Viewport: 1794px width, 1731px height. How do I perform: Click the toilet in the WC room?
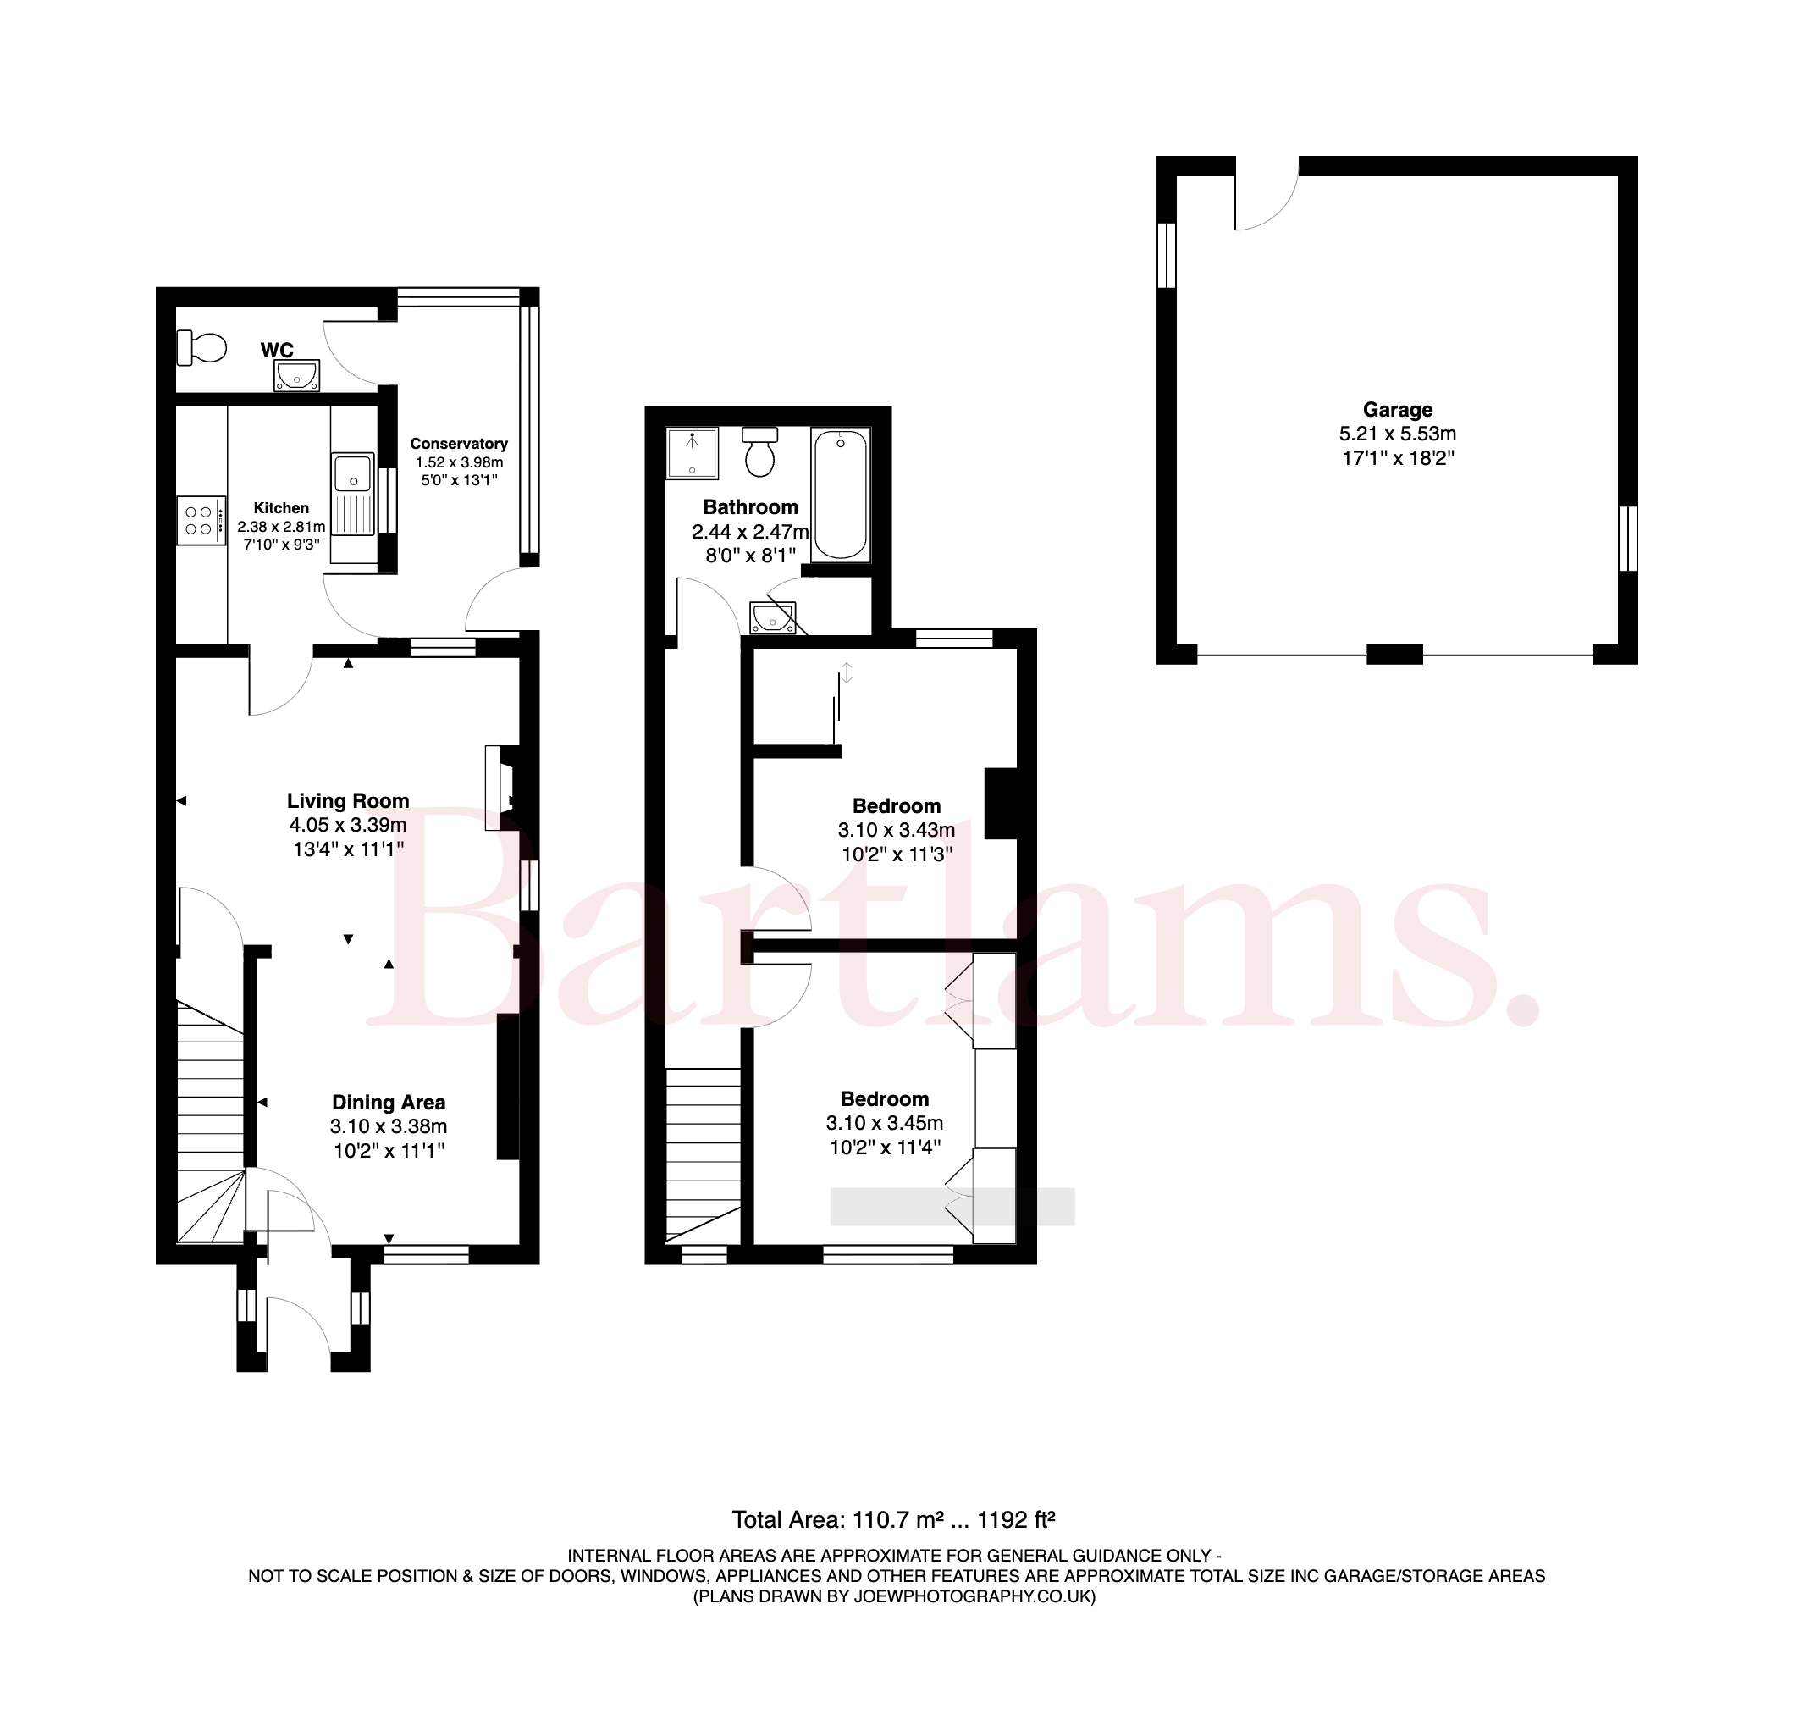[201, 347]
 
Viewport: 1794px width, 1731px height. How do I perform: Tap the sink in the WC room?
[297, 375]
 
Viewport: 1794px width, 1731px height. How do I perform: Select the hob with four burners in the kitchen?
[201, 520]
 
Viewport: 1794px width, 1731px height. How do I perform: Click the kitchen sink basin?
[353, 474]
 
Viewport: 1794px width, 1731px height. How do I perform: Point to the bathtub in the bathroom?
[840, 495]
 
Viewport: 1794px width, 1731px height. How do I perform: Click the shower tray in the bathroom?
[692, 453]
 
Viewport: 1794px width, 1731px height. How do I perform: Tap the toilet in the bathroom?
[759, 451]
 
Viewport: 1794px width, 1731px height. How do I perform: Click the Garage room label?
[1398, 410]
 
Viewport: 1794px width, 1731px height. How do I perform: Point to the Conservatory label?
[459, 444]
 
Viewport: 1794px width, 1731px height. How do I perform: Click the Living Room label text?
[348, 801]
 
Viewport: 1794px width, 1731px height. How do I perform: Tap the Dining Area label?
[389, 1102]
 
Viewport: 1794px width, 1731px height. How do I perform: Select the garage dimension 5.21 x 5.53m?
[1398, 434]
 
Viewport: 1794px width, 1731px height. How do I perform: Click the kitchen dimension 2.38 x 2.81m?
[281, 527]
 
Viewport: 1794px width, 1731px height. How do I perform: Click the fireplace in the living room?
[500, 788]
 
